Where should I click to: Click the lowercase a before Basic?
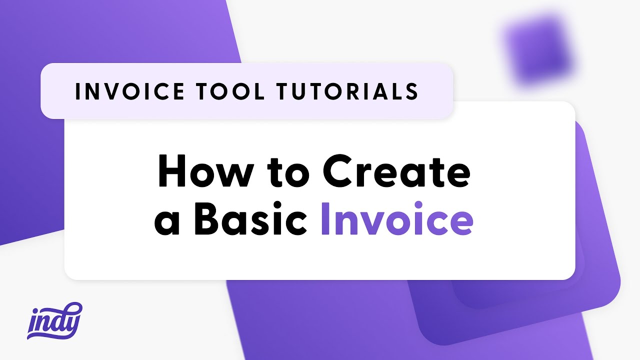pos(167,224)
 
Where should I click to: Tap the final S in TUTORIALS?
pos(411,91)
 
